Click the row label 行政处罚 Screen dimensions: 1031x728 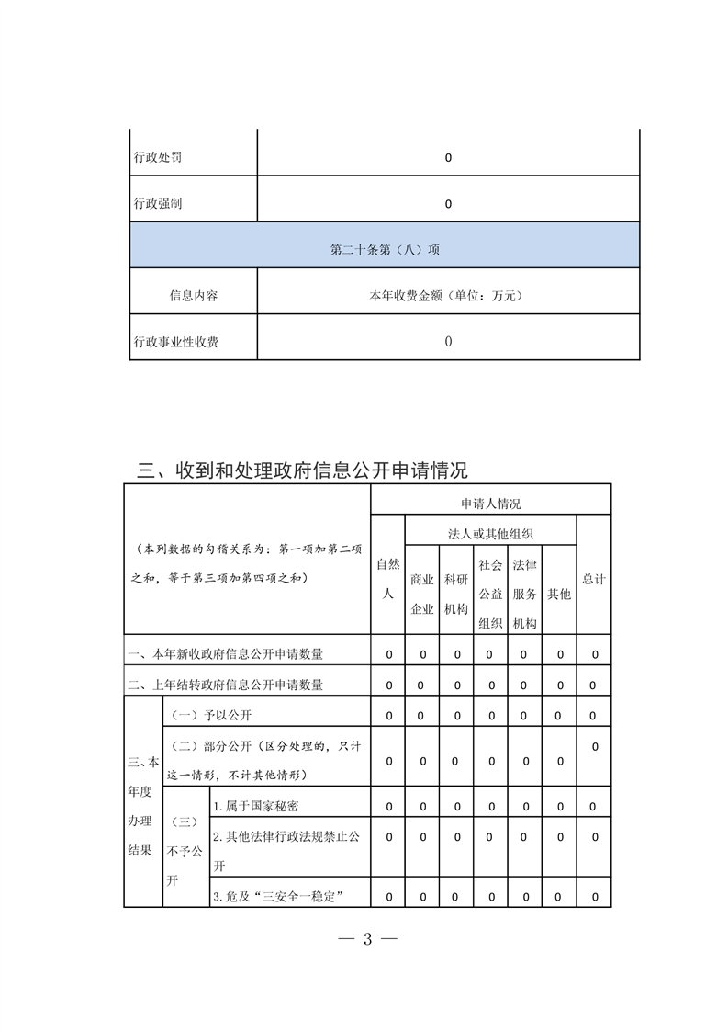click(x=157, y=157)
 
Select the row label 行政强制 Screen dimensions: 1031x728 click(x=157, y=203)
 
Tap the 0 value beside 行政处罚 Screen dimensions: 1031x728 click(x=448, y=157)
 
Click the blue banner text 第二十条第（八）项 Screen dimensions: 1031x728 click(x=385, y=249)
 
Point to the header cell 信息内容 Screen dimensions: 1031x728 click(x=194, y=296)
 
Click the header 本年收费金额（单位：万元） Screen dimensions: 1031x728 click(x=448, y=296)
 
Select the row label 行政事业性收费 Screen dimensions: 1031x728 click(x=176, y=342)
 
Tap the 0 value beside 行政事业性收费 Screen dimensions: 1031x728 click(x=448, y=342)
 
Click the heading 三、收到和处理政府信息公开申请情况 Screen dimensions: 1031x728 click(x=302, y=470)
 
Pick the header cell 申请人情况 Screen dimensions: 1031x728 click(x=490, y=504)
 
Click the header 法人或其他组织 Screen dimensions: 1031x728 click(x=490, y=533)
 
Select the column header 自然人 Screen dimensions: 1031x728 click(x=387, y=579)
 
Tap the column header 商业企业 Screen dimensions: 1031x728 click(x=422, y=594)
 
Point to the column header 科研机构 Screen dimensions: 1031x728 click(x=456, y=594)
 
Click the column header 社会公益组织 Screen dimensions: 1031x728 click(x=490, y=594)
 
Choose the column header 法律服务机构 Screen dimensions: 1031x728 click(x=524, y=594)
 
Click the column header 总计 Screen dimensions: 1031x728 click(x=594, y=580)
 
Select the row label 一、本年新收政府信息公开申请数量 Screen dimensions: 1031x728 click(x=225, y=654)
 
